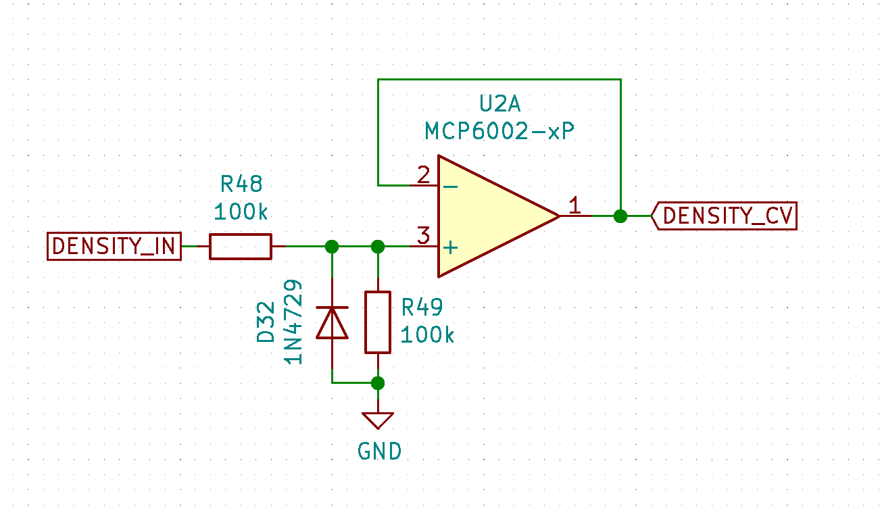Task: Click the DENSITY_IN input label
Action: (114, 247)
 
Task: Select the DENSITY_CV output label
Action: (724, 216)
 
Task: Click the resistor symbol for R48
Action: (241, 247)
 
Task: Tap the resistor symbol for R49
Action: (378, 322)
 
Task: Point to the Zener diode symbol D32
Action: (332, 322)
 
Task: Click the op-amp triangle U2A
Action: (493, 216)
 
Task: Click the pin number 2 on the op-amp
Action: (423, 176)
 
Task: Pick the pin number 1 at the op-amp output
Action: (574, 206)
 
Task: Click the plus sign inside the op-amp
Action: (449, 247)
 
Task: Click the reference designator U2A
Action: (500, 105)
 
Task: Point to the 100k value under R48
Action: (241, 212)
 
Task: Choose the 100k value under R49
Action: (427, 335)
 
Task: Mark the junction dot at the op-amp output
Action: (620, 216)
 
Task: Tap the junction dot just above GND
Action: (378, 383)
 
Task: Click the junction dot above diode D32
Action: (332, 247)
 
